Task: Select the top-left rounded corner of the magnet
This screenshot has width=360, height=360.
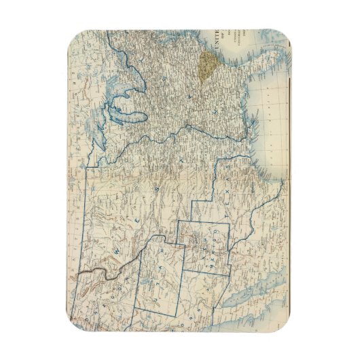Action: tap(77, 35)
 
